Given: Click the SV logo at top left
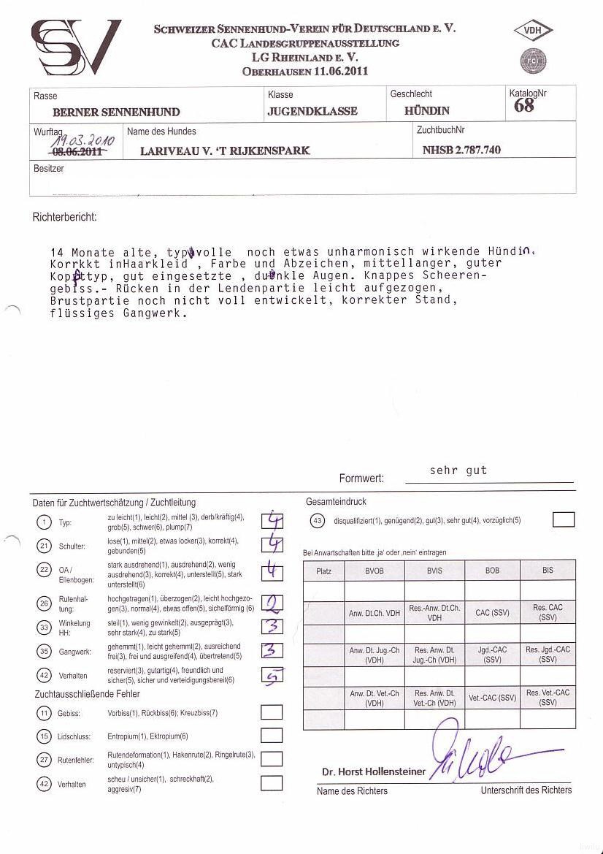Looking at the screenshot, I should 75,47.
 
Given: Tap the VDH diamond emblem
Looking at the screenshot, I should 534,31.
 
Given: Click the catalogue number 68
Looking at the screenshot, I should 523,106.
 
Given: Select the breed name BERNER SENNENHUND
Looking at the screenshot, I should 116,113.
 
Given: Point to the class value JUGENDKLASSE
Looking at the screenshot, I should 312,111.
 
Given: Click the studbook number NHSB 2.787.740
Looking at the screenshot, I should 461,150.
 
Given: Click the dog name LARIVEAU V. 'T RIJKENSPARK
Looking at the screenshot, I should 225,150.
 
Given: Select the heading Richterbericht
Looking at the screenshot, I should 64,218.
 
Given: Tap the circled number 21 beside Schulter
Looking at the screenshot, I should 44,546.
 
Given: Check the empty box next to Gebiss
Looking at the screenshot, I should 272,712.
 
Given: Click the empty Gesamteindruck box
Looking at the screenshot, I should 563,520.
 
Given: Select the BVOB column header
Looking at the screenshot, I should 374,571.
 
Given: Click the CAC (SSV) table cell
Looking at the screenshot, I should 492,613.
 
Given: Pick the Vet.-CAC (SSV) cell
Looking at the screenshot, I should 492,698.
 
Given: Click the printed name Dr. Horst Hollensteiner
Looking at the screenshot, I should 373,771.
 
